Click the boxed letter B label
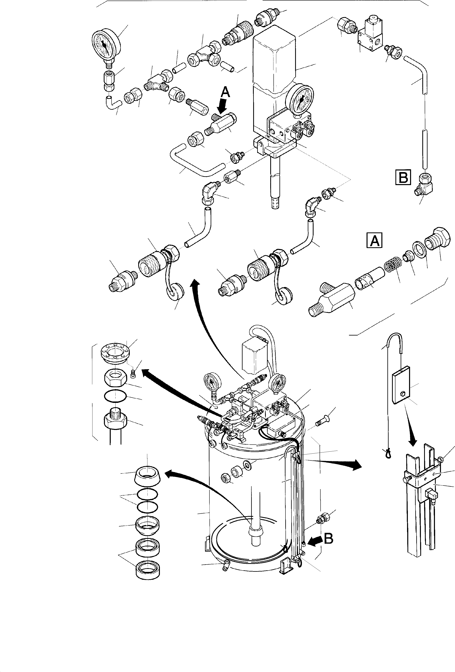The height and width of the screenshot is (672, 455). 403,177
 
